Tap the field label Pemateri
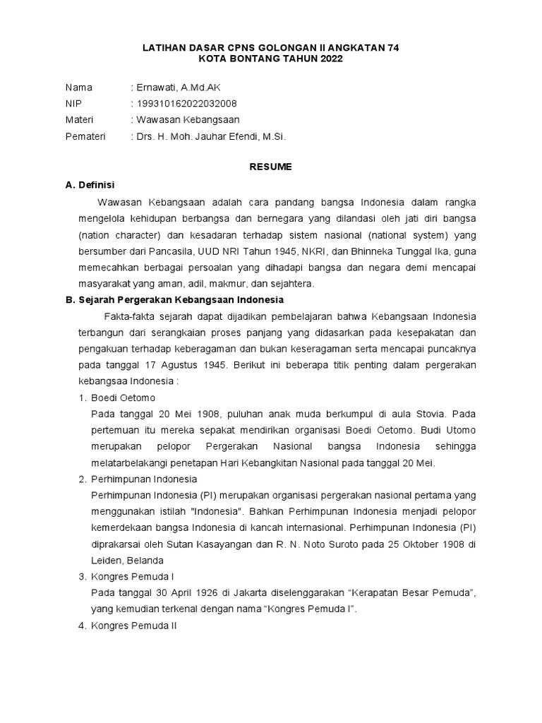coord(85,136)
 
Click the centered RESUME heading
coord(271,167)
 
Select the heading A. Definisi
coord(90,185)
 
